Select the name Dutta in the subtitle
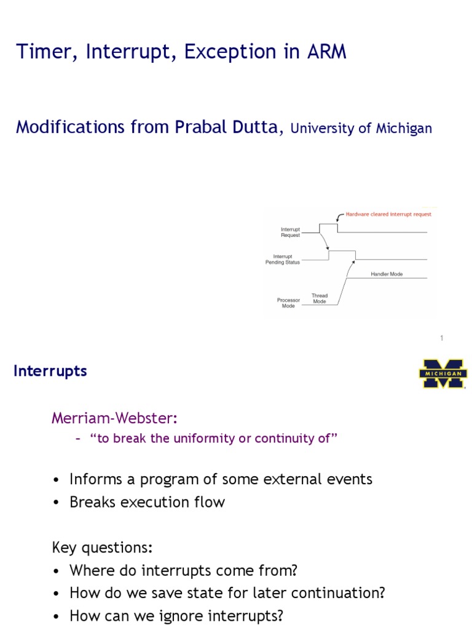[254, 127]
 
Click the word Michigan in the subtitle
[401, 129]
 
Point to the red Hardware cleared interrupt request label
[388, 214]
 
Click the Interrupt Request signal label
[290, 232]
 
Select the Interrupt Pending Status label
[283, 260]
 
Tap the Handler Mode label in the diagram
[387, 274]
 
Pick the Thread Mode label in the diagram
[320, 298]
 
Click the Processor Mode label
[288, 303]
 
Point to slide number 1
[441, 338]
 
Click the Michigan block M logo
[442, 373]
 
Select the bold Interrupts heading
[50, 372]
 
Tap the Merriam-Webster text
[114, 418]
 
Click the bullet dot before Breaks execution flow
[57, 503]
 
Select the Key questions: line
[102, 548]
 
